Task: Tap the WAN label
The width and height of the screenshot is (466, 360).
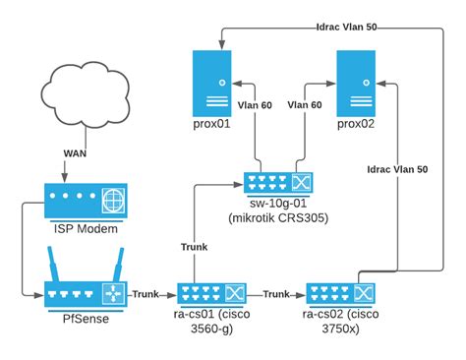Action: pyautogui.click(x=81, y=154)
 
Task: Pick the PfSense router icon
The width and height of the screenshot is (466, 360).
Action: pyautogui.click(x=86, y=293)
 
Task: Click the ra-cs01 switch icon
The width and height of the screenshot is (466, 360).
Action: pyautogui.click(x=210, y=293)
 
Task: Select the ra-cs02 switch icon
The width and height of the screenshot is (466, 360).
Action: pyautogui.click(x=338, y=293)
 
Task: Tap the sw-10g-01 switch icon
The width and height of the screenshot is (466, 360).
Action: pyautogui.click(x=276, y=183)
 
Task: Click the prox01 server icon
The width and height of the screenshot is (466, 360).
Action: pyautogui.click(x=210, y=84)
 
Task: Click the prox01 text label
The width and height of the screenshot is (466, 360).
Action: pyautogui.click(x=210, y=126)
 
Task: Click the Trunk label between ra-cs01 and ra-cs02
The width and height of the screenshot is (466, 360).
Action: pyautogui.click(x=276, y=293)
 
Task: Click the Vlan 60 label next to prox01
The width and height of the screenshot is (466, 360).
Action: pyautogui.click(x=254, y=102)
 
